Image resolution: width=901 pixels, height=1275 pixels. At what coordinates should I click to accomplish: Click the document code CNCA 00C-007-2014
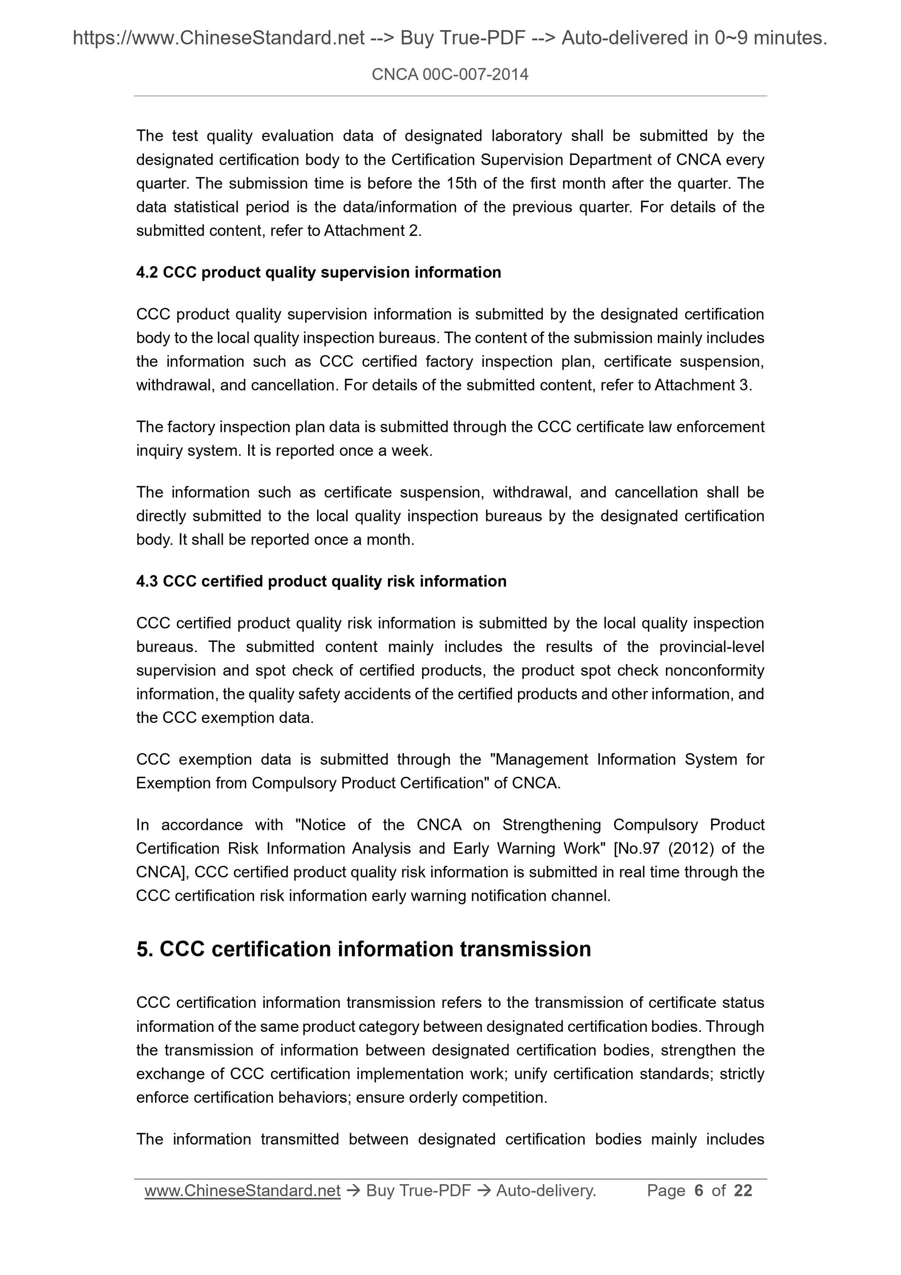[450, 75]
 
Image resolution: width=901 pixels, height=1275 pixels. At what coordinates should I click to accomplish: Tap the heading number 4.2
[147, 272]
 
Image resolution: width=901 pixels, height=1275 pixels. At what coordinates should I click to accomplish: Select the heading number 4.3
[147, 581]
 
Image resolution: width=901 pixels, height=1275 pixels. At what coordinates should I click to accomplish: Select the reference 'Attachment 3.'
[703, 385]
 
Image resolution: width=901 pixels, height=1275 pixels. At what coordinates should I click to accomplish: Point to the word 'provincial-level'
[712, 647]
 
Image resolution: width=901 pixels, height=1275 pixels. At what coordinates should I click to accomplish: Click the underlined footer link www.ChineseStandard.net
[242, 1190]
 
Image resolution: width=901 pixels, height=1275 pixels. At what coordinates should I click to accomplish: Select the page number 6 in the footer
[698, 1190]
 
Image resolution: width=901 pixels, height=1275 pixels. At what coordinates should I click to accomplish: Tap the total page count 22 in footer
[742, 1190]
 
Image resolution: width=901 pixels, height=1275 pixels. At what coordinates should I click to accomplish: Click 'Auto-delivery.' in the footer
[546, 1190]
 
